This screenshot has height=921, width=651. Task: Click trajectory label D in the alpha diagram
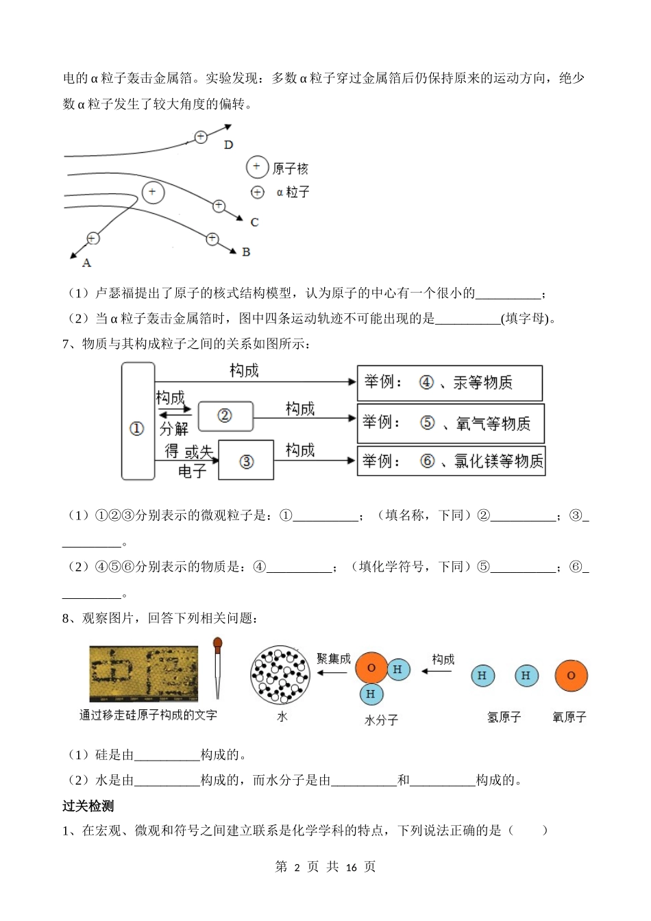point(228,145)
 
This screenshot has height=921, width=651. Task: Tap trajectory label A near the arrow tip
point(86,262)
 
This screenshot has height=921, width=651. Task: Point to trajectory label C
point(254,222)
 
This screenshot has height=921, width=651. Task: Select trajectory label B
point(246,252)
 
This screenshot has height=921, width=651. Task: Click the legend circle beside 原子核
point(257,167)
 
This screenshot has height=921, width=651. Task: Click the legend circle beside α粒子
point(257,193)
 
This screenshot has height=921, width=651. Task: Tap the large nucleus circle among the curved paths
point(153,193)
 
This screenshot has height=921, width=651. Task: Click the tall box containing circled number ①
point(138,421)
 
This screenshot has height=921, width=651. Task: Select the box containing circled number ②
point(225,416)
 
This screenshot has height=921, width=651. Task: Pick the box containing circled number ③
point(247,460)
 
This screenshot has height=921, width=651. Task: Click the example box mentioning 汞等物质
point(450,383)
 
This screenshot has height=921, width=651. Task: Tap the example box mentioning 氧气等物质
point(451,423)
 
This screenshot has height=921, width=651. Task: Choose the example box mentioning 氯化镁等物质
point(451,461)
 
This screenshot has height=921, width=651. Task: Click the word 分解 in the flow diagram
point(174,429)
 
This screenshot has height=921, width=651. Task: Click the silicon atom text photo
point(143,673)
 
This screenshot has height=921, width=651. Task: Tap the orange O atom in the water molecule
point(371,668)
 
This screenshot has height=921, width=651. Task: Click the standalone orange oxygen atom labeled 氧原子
point(571,676)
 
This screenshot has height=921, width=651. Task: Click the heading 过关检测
point(88,806)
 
